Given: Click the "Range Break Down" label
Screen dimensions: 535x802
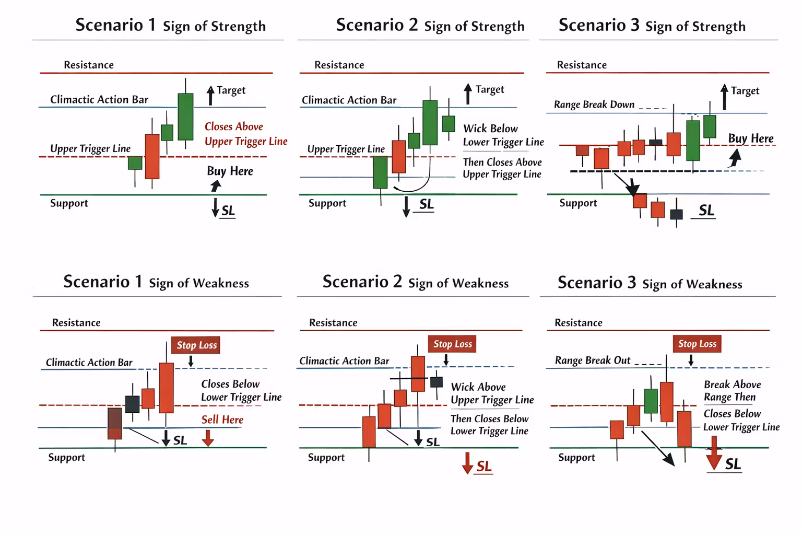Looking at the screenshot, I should coord(594,104).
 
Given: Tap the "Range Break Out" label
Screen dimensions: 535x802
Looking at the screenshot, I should coord(593,360).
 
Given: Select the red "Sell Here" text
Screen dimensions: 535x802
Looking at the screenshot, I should coord(222,420).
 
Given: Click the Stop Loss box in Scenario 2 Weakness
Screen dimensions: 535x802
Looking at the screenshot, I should coord(452,344).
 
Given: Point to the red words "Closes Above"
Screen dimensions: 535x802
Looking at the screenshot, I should coord(233,126).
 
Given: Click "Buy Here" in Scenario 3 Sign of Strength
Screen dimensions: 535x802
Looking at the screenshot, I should coord(751,138).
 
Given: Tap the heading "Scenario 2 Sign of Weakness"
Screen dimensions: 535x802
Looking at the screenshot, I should coord(415,282).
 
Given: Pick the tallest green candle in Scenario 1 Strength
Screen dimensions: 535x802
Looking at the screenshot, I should coord(185,117).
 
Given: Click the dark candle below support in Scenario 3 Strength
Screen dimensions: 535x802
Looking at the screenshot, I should coord(676,214).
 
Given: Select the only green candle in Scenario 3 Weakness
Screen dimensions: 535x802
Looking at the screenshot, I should coord(651,401).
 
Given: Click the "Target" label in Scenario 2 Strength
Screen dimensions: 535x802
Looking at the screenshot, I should coord(490,89).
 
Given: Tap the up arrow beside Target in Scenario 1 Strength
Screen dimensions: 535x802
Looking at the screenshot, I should coord(210,95).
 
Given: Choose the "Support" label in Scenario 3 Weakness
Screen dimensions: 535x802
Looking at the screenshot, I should coord(576,457).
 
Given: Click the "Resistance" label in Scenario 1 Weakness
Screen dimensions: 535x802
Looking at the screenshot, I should coord(76,322).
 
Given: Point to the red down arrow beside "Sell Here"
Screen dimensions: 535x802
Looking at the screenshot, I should coord(208,438).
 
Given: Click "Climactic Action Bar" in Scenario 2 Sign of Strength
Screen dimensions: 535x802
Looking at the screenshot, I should coord(349,100).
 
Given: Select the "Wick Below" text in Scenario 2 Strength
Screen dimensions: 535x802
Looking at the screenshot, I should coord(490,129).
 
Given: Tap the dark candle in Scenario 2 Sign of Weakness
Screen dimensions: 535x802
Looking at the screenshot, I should coord(436,381).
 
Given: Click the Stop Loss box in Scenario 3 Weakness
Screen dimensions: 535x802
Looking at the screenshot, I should coord(697,344).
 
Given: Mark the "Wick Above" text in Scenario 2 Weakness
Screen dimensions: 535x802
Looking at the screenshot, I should coord(478,387).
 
